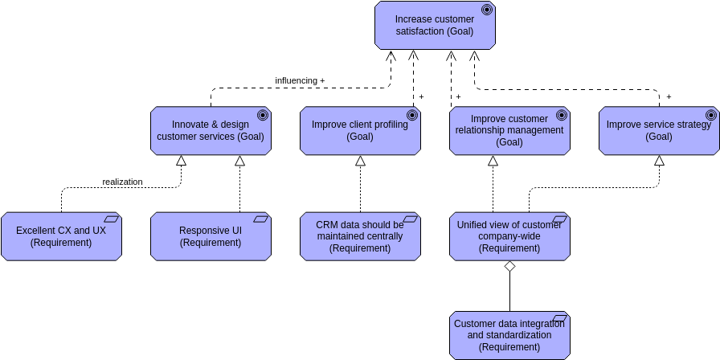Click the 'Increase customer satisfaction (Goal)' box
click(434, 25)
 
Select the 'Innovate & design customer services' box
click(210, 130)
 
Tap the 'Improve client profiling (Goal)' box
click(360, 130)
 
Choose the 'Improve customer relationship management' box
click(509, 130)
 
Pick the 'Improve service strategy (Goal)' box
click(659, 130)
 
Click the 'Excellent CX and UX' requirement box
click(61, 236)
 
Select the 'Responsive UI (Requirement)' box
click(211, 236)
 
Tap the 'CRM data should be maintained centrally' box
click(360, 236)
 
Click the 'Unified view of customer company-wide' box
click(509, 236)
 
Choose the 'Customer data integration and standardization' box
click(509, 335)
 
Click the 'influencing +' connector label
click(300, 80)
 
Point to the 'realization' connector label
click(122, 182)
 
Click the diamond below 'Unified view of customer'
click(509, 267)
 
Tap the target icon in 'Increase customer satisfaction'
click(486, 10)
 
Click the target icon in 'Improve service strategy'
click(710, 115)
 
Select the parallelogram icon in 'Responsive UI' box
click(260, 219)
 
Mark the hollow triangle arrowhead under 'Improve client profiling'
click(360, 161)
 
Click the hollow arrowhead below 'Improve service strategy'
click(659, 161)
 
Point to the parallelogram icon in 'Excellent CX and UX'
click(111, 219)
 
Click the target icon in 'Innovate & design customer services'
click(262, 115)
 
